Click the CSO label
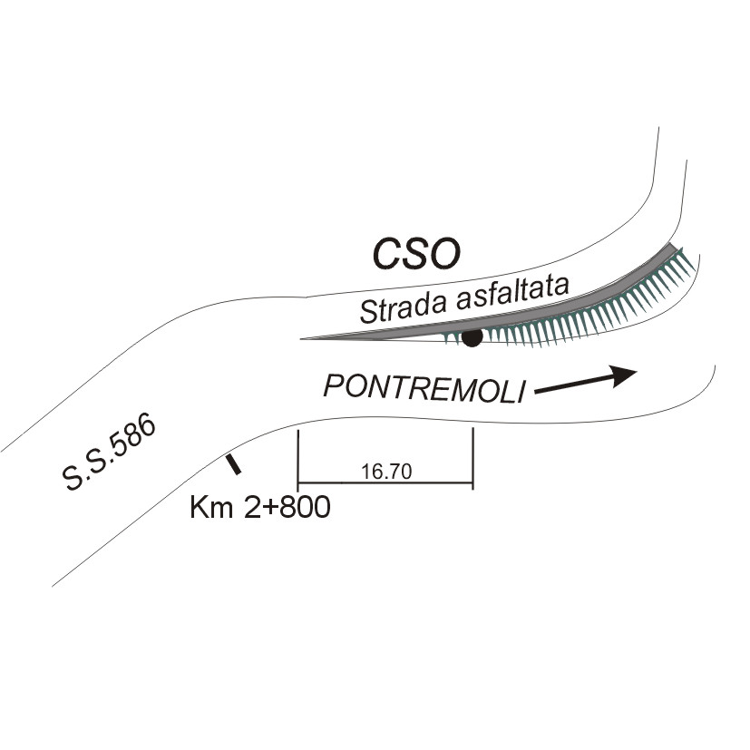tap(418, 254)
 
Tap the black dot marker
tap(472, 338)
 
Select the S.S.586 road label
tap(112, 453)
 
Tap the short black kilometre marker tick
tap(233, 464)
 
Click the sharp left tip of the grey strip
tap(304, 338)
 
